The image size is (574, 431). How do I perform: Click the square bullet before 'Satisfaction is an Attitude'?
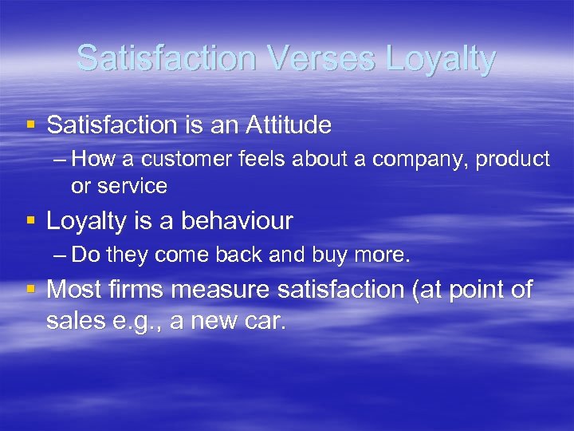(x=30, y=125)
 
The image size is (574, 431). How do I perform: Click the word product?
(x=513, y=160)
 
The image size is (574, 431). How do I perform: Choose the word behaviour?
(x=237, y=220)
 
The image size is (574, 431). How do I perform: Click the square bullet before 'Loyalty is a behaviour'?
(x=30, y=220)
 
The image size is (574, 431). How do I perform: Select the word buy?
(x=338, y=255)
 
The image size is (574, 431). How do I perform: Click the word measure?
(x=221, y=290)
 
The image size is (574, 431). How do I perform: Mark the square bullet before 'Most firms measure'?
(x=30, y=290)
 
